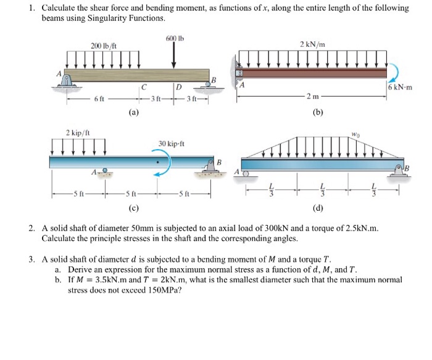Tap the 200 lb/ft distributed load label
pyautogui.click(x=102, y=46)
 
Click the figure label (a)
pyautogui.click(x=133, y=113)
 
